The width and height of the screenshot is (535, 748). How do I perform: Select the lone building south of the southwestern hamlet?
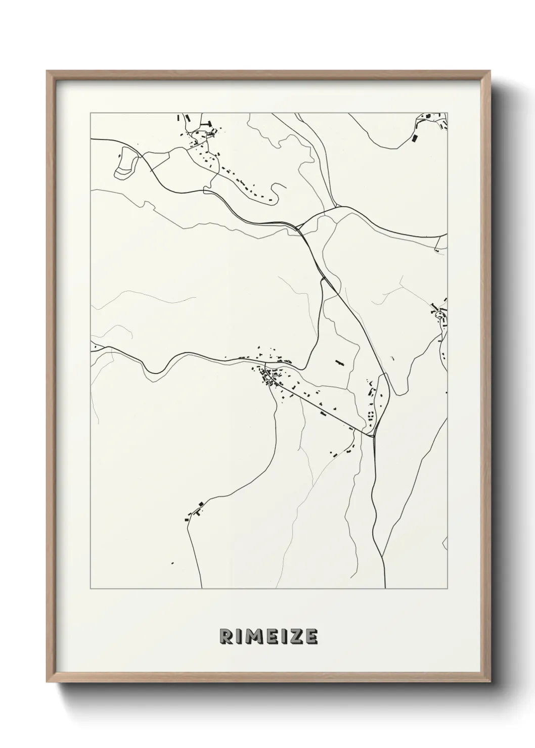[x=172, y=563]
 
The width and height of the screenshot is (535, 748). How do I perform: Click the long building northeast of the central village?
[x=338, y=362]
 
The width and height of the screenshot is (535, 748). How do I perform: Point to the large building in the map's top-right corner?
[x=415, y=137]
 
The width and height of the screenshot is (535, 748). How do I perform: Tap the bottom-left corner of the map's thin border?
[x=91, y=589]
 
